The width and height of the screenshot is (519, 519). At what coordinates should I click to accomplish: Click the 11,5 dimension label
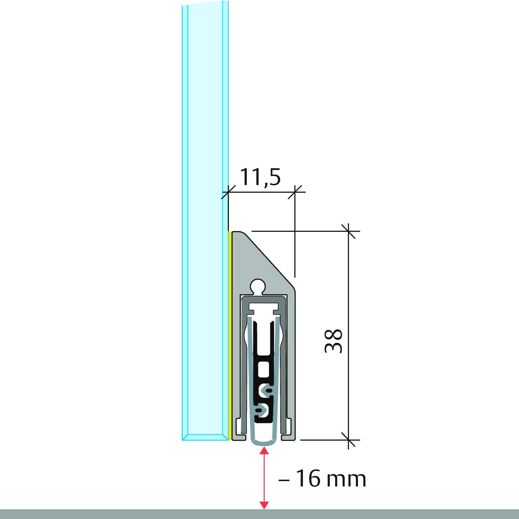(x=260, y=177)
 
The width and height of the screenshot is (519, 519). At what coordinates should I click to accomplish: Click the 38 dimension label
(x=334, y=341)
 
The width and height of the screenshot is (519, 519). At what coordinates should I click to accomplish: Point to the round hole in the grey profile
(x=258, y=286)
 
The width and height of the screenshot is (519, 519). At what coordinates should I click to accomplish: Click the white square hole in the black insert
(x=264, y=369)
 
